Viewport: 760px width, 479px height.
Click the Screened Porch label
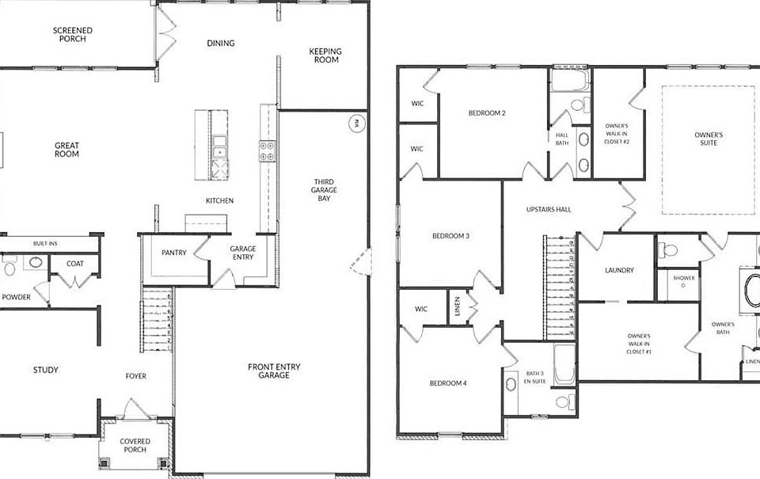click(72, 35)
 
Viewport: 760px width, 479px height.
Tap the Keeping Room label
click(324, 55)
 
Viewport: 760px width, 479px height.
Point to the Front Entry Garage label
click(268, 371)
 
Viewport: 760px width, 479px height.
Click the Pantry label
click(173, 253)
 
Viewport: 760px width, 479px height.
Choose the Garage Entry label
click(243, 253)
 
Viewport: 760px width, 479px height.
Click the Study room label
click(45, 370)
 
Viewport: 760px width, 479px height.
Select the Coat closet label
click(75, 264)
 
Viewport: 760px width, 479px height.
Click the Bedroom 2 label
click(487, 113)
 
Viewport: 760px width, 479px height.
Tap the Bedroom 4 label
click(448, 383)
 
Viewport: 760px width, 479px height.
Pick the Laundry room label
click(619, 270)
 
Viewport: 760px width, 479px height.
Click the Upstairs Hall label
click(549, 210)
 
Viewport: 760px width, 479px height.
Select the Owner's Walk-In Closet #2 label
click(617, 135)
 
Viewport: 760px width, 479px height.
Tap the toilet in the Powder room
click(9, 269)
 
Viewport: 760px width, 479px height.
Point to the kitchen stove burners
click(266, 151)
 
